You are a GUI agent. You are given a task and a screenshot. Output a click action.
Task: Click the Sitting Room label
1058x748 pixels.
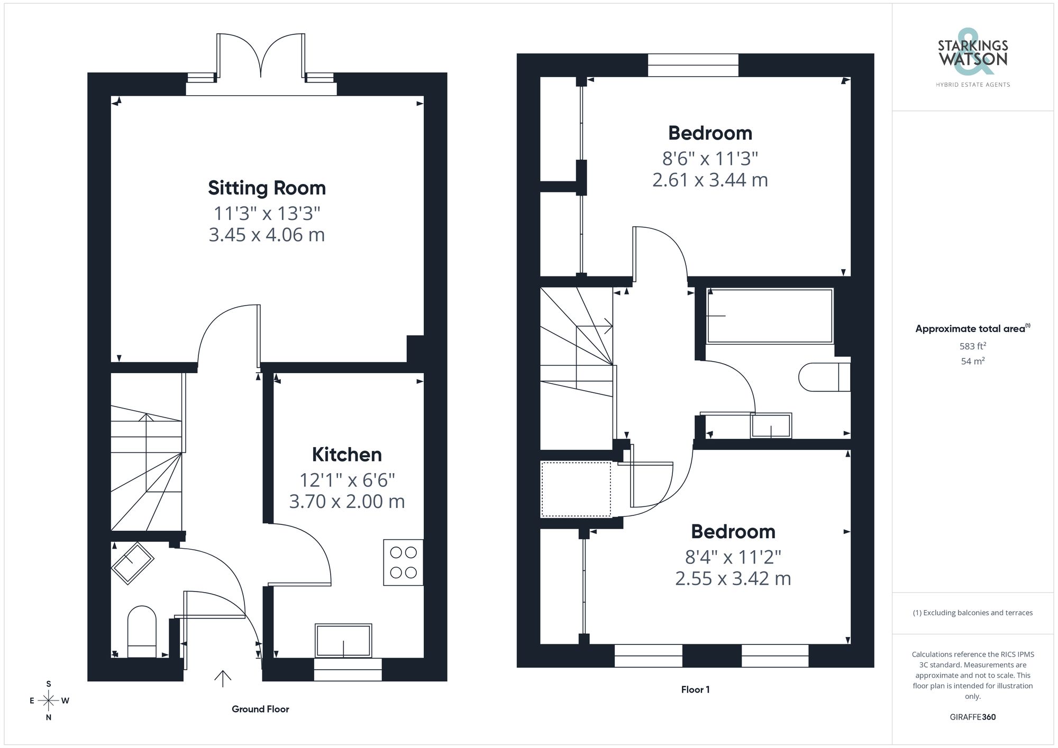[x=267, y=188]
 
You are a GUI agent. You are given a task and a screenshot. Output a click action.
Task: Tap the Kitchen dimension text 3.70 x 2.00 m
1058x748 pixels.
[x=346, y=501]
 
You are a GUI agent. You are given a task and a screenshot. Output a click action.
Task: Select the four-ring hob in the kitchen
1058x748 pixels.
[x=403, y=562]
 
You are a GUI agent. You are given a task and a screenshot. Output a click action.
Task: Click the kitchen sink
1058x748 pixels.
[x=343, y=641]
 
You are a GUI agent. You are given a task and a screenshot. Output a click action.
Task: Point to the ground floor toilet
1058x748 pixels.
[x=142, y=632]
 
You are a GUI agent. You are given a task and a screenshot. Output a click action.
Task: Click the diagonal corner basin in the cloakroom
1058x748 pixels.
[x=132, y=563]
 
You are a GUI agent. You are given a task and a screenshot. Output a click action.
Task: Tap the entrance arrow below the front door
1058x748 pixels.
[x=223, y=678]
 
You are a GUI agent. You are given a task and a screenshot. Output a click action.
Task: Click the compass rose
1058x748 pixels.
[x=49, y=701]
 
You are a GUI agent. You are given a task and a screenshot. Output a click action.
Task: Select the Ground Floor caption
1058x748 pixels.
[x=260, y=709]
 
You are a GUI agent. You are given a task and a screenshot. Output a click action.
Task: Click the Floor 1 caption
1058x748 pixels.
[x=695, y=690]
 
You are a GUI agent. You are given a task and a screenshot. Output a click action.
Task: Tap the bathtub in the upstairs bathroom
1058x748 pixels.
[x=770, y=316]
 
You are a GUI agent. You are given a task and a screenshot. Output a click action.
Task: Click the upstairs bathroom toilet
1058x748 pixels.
[x=823, y=376]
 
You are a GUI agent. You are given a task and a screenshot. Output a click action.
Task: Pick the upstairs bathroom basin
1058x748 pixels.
[x=771, y=426]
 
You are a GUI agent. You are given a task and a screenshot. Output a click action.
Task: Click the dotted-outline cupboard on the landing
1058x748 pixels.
[x=576, y=490]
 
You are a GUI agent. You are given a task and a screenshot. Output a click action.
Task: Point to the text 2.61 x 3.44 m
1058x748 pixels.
[x=710, y=180]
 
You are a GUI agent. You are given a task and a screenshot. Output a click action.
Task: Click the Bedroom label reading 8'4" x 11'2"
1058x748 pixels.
[x=733, y=532]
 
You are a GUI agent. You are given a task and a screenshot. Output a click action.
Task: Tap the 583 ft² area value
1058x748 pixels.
[x=972, y=346]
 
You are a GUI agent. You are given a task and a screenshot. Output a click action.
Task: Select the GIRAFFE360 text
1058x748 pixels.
[x=972, y=717]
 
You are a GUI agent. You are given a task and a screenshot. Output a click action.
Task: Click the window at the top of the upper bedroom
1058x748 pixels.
[x=693, y=65]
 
